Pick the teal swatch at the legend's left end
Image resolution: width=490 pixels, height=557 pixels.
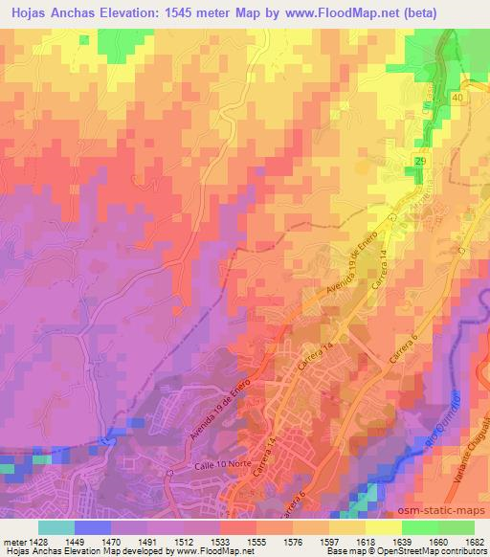(x=56, y=526)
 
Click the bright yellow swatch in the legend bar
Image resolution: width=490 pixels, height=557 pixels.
(x=383, y=526)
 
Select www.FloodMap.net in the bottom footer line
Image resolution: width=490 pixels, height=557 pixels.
(x=205, y=551)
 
